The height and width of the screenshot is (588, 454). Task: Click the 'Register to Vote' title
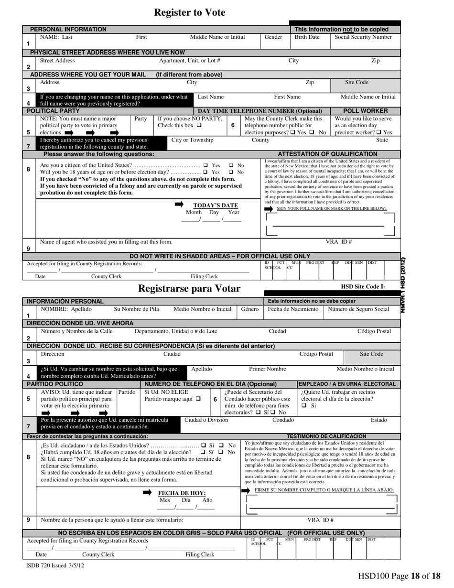pyautogui.click(x=189, y=13)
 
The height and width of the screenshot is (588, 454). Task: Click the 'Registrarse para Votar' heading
pyautogui.click(x=189, y=289)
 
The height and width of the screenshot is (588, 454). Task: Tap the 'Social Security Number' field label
pyautogui.click(x=363, y=37)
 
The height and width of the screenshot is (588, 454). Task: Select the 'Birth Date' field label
pyautogui.click(x=307, y=37)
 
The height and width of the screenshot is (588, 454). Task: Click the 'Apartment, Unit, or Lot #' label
pyautogui.click(x=189, y=61)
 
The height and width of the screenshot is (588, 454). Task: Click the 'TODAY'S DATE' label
pyautogui.click(x=215, y=206)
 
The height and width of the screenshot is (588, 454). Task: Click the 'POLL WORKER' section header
pyautogui.click(x=366, y=111)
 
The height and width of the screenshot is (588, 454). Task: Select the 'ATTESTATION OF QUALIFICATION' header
pyautogui.click(x=327, y=154)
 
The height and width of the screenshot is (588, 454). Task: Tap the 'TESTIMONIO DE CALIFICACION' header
pyautogui.click(x=326, y=436)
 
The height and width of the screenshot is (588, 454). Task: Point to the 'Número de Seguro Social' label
pyautogui.click(x=358, y=309)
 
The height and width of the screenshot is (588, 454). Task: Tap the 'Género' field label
pyautogui.click(x=249, y=309)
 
